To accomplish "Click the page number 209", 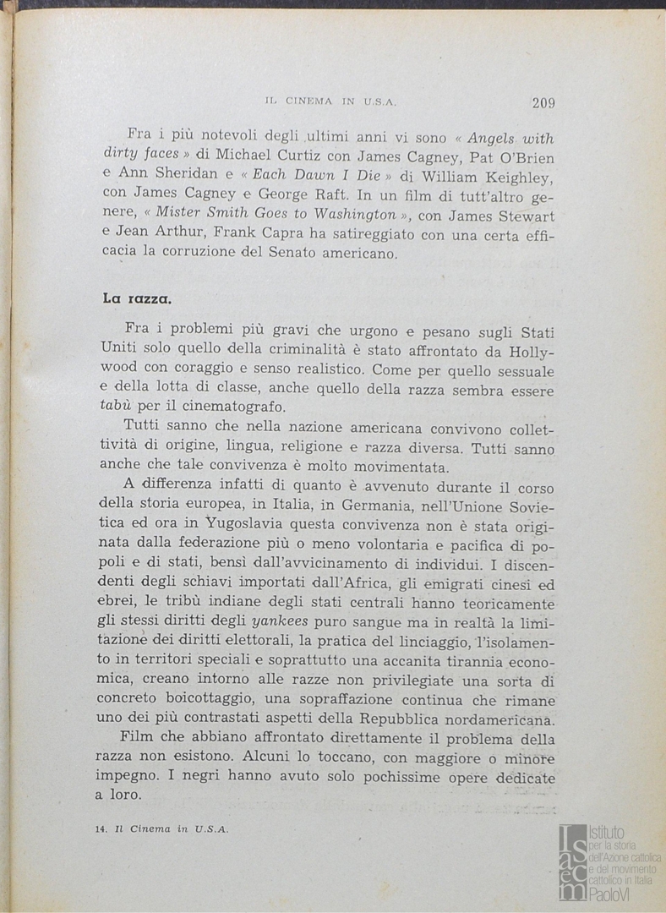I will point(543,103).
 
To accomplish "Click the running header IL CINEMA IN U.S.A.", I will point(331,101).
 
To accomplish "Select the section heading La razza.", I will point(138,298).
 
